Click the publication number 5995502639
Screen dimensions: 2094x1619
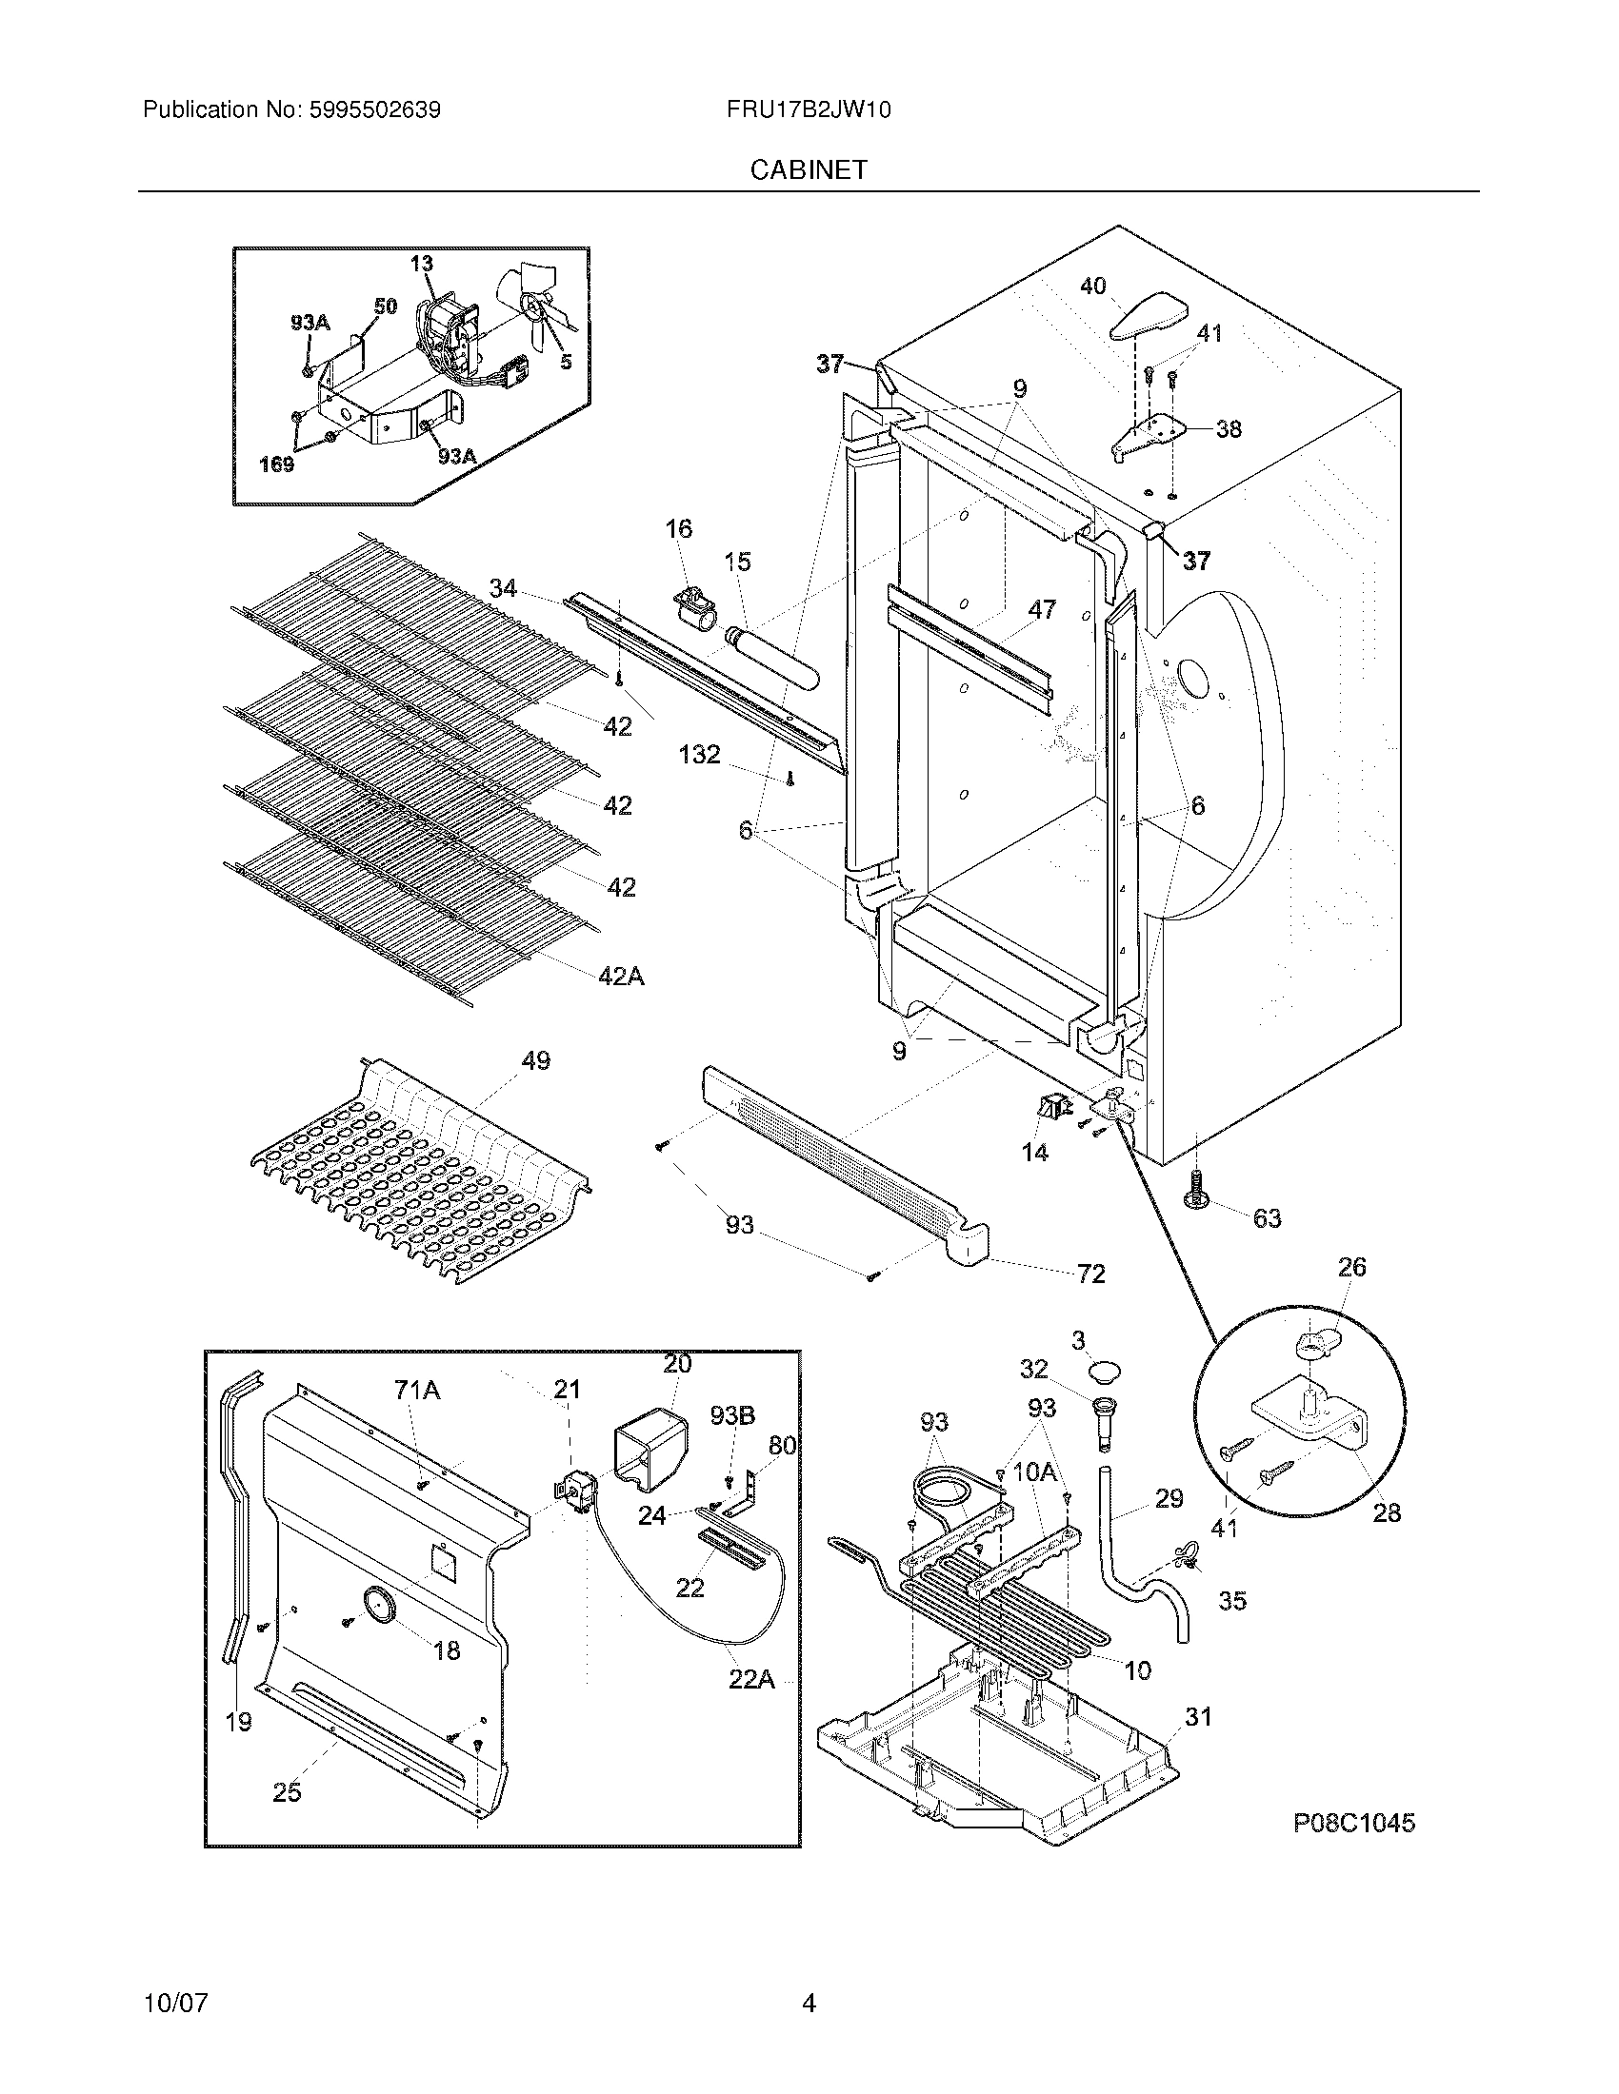tap(374, 110)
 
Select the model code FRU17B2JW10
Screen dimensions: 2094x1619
tap(809, 110)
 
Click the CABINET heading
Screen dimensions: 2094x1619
tap(809, 169)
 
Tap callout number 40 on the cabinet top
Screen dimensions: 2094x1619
tap(1092, 286)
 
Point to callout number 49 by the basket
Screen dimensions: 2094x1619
tap(536, 1060)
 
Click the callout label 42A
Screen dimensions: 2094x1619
tap(621, 976)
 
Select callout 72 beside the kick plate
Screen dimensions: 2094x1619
tap(1090, 1274)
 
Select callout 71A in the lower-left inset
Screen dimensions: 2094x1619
tap(416, 1390)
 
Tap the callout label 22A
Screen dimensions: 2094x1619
tap(751, 1680)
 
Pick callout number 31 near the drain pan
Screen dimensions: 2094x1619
tap(1198, 1717)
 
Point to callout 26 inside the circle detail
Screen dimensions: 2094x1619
tap(1351, 1268)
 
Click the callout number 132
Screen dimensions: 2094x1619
tap(699, 755)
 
